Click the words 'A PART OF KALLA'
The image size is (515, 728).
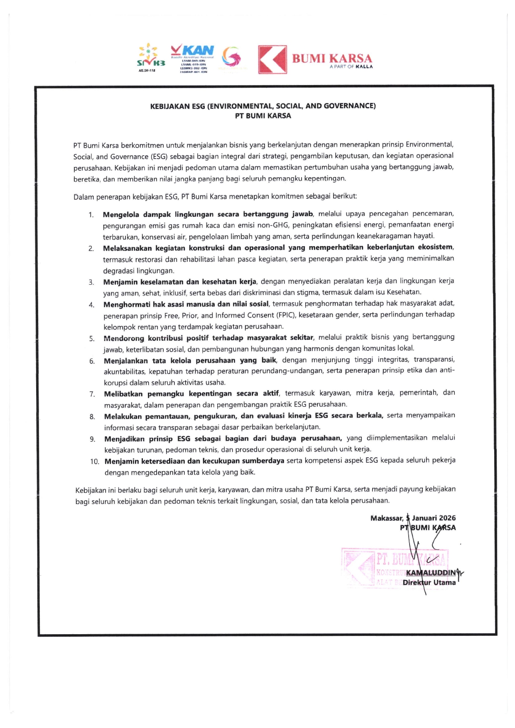pos(351,67)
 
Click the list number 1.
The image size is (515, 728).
pos(91,215)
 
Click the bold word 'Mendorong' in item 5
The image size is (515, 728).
pos(124,338)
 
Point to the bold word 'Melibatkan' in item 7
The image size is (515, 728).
pos(123,393)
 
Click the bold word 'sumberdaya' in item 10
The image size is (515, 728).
pos(263,461)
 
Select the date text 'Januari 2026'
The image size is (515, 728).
pos(434,518)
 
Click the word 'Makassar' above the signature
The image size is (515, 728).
pos(386,518)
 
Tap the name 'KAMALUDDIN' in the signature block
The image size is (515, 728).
pos(431,573)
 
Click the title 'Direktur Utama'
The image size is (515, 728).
pos(429,583)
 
